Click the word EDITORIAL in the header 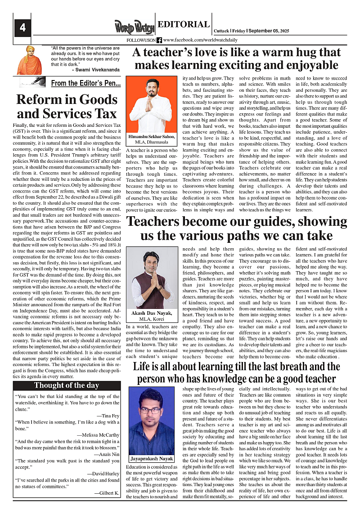tap(184, 25)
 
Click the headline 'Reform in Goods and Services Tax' tap(67, 106)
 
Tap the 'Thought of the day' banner tap(67, 385)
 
